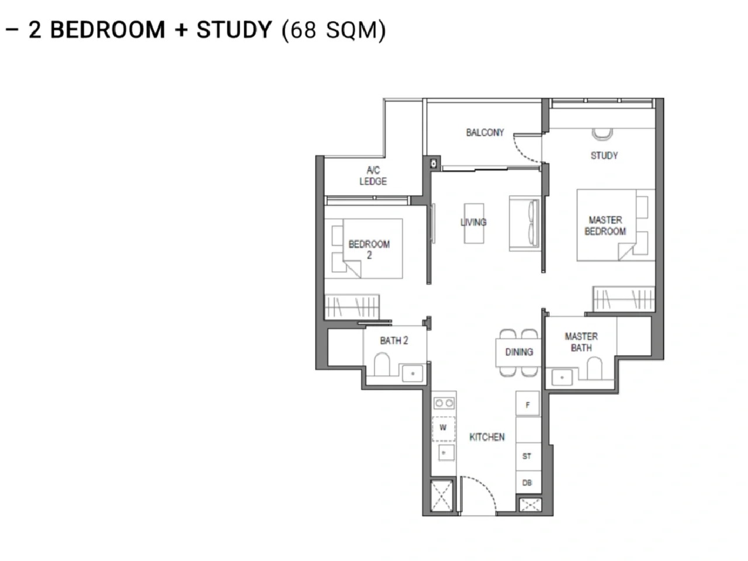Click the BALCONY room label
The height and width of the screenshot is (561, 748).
(484, 132)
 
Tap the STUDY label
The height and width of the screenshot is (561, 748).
(604, 155)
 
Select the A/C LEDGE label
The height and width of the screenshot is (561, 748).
(373, 176)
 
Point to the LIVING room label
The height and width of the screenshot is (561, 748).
(473, 223)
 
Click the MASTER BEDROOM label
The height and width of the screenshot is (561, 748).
(605, 226)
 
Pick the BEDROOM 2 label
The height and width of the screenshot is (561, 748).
(369, 250)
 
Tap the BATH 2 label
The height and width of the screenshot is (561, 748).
(394, 340)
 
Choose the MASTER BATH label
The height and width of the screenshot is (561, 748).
(581, 342)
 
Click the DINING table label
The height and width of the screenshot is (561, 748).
(519, 352)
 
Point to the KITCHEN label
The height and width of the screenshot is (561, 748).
(487, 437)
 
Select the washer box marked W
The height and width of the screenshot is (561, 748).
(443, 428)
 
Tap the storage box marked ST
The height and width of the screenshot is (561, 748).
(528, 456)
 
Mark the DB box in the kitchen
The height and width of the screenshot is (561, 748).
(528, 482)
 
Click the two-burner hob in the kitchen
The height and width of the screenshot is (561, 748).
(444, 403)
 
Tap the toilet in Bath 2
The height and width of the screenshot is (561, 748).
(382, 364)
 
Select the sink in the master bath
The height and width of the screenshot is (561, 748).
(562, 378)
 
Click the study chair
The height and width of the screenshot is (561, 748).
(602, 134)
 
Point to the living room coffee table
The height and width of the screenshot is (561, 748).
(474, 223)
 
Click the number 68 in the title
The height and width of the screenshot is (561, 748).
(303, 30)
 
